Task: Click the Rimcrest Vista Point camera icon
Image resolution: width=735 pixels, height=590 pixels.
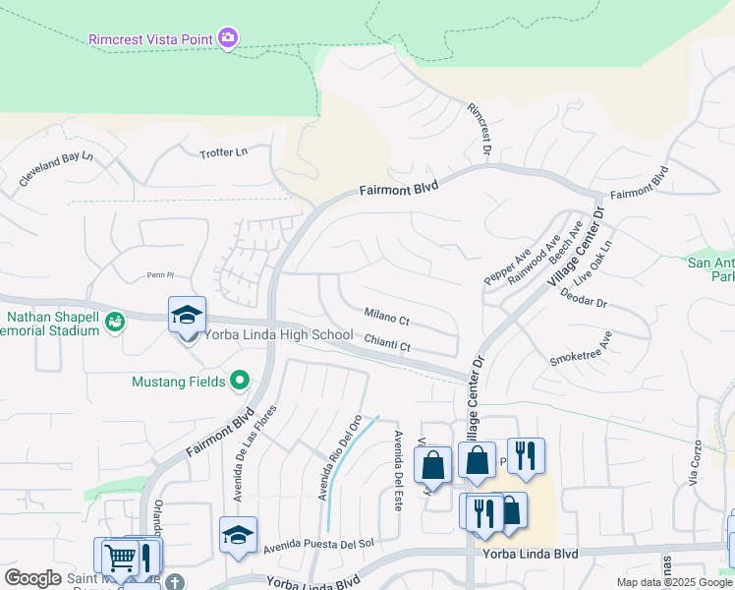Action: (228, 38)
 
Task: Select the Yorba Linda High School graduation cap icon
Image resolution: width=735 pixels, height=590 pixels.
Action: (187, 316)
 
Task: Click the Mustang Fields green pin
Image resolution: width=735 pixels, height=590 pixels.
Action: (239, 381)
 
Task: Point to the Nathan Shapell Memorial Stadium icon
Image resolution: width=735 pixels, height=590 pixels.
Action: (115, 321)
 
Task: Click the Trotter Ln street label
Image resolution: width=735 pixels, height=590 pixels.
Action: (224, 152)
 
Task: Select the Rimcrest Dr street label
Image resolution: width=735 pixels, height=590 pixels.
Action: (479, 129)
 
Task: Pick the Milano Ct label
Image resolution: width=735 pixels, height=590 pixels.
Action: (386, 318)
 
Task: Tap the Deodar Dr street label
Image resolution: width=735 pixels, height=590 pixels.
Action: (584, 298)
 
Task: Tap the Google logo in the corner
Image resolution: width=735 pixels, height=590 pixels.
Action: (32, 578)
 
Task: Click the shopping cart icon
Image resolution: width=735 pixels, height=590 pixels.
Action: (120, 557)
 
